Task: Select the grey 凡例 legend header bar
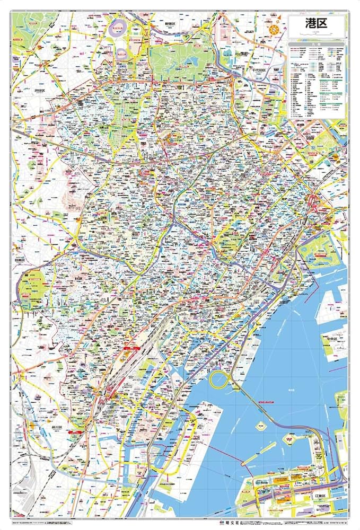click(317, 45)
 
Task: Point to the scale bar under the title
click(317, 34)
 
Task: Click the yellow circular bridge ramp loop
click(219, 379)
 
